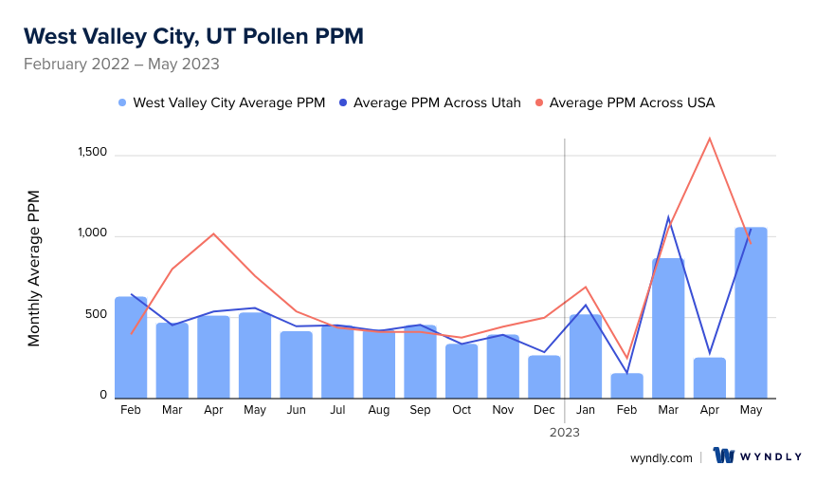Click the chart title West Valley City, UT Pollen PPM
point(193,36)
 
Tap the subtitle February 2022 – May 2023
point(121,65)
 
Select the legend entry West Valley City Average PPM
point(228,102)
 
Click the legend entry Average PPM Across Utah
point(437,102)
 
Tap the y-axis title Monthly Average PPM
point(34,269)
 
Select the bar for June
point(296,364)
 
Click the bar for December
point(544,377)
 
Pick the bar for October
point(462,371)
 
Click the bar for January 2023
point(586,356)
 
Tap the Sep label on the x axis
point(420,410)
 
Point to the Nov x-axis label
point(502,410)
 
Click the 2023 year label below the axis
point(565,432)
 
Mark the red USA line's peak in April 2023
point(709,139)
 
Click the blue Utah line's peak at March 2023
point(668,217)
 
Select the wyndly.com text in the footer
point(661,457)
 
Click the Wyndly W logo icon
point(725,456)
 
